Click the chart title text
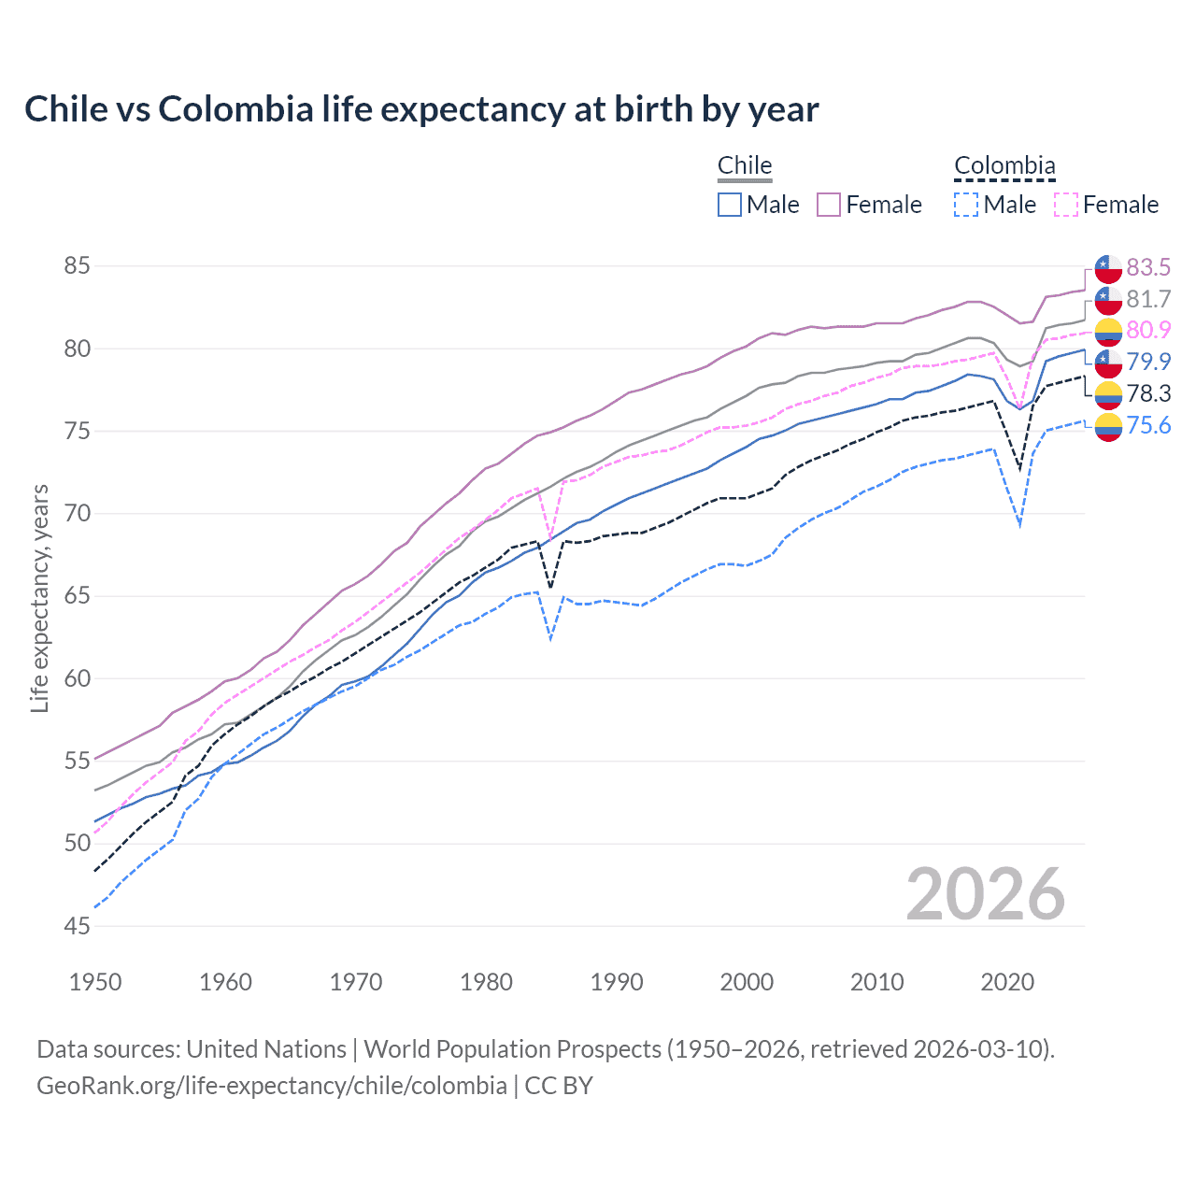click(421, 109)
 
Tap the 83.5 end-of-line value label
click(1147, 267)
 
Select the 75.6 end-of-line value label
click(1147, 426)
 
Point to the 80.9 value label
click(1147, 330)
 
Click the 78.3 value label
click(1147, 393)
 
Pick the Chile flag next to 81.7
click(1108, 300)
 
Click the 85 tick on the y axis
click(77, 266)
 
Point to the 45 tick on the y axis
click(77, 926)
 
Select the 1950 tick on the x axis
click(95, 982)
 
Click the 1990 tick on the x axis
click(617, 982)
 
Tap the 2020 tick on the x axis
click(1007, 982)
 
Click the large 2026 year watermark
click(985, 894)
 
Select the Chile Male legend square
click(730, 205)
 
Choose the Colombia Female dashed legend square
click(1066, 205)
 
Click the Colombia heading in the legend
click(1004, 166)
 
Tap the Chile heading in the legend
click(745, 166)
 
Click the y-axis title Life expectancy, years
click(39, 598)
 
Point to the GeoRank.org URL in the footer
click(271, 1086)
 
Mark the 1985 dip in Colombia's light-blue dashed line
click(550, 640)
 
